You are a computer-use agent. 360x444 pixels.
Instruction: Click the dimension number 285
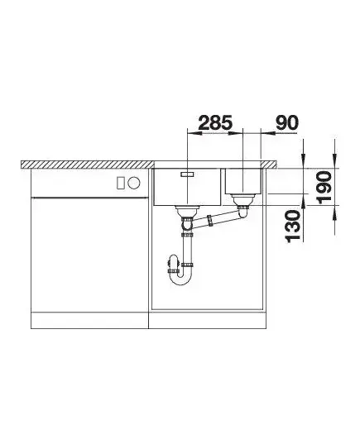click(x=215, y=122)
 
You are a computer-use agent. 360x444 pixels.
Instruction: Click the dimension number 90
click(x=287, y=122)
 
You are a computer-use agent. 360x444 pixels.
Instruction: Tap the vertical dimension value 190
click(x=324, y=187)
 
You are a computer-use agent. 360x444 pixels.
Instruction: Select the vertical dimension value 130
click(x=293, y=227)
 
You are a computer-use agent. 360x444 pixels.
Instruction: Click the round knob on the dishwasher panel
click(x=134, y=183)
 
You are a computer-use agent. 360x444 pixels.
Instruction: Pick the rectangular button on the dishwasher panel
click(x=121, y=183)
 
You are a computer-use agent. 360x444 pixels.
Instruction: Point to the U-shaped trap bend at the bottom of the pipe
click(x=180, y=279)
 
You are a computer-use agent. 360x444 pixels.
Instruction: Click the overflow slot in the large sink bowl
click(x=187, y=174)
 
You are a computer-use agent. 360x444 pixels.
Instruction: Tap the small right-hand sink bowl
click(x=243, y=181)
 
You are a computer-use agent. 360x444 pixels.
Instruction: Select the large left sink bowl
click(x=187, y=187)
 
